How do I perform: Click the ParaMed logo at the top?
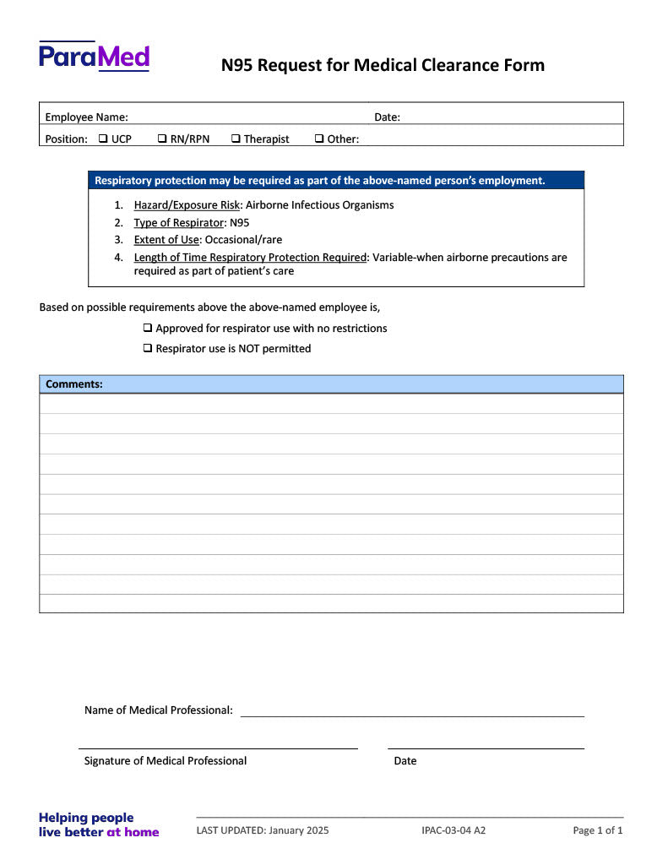pyautogui.click(x=94, y=57)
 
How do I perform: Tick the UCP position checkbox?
pyautogui.click(x=103, y=139)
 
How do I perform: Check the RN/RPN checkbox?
pyautogui.click(x=162, y=139)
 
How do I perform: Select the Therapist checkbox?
pyautogui.click(x=236, y=139)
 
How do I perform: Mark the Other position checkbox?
pyautogui.click(x=319, y=139)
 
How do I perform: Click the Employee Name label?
pyautogui.click(x=86, y=117)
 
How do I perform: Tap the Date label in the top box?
pyautogui.click(x=387, y=117)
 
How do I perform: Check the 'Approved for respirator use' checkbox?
pyautogui.click(x=148, y=328)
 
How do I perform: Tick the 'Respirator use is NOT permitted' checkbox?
pyautogui.click(x=148, y=348)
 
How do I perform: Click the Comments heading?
pyautogui.click(x=74, y=384)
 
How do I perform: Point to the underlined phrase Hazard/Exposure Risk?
pyautogui.click(x=187, y=205)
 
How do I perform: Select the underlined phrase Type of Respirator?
pyautogui.click(x=178, y=223)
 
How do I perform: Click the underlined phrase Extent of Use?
pyautogui.click(x=166, y=240)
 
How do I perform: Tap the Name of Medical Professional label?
pyautogui.click(x=158, y=710)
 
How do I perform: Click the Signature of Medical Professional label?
pyautogui.click(x=166, y=761)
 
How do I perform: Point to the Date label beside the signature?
pyautogui.click(x=405, y=761)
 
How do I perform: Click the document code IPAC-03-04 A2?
pyautogui.click(x=453, y=830)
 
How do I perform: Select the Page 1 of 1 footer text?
pyautogui.click(x=598, y=830)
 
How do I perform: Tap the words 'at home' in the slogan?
pyautogui.click(x=133, y=832)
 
